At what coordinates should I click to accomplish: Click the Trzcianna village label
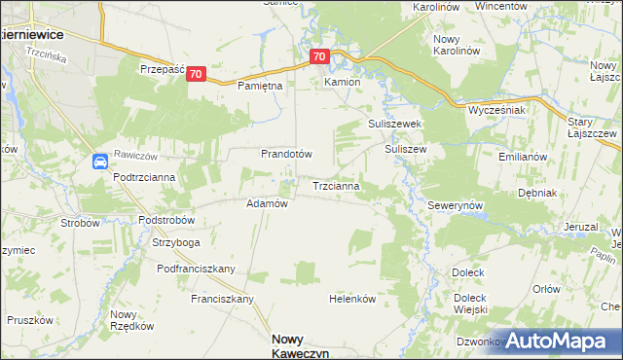click(x=337, y=185)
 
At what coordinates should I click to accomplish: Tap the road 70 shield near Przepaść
click(x=197, y=74)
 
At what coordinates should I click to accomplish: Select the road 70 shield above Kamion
click(x=321, y=57)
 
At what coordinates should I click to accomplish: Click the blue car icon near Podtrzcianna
click(x=100, y=162)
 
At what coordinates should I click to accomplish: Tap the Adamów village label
click(x=267, y=204)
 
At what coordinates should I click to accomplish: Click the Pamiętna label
click(x=260, y=86)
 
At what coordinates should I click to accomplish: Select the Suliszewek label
click(x=393, y=125)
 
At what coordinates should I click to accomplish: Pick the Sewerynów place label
click(x=456, y=207)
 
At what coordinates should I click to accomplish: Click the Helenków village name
click(x=352, y=299)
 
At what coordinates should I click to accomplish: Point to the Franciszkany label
click(x=222, y=299)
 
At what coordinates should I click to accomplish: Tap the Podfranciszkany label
click(x=197, y=269)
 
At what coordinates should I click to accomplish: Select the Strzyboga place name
click(x=176, y=242)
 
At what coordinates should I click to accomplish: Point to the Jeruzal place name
click(x=580, y=227)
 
